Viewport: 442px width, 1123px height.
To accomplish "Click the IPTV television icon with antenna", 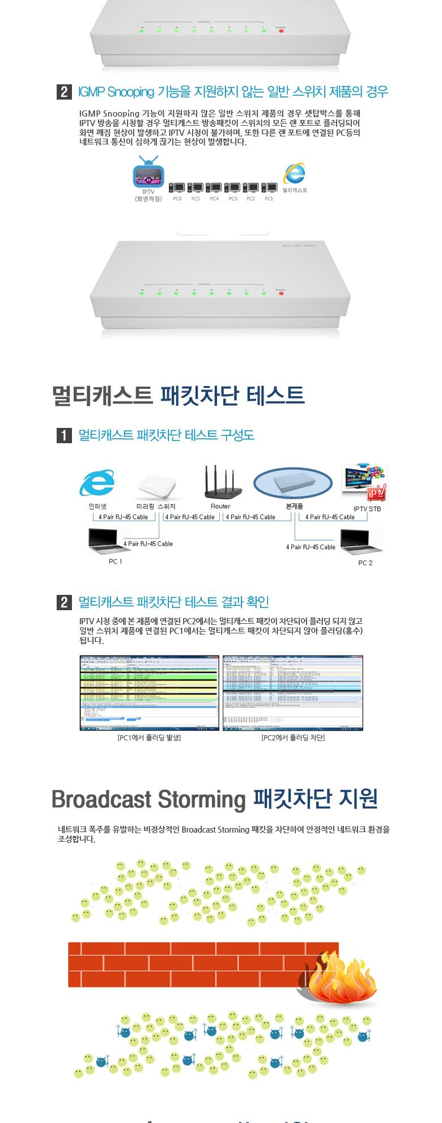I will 148,174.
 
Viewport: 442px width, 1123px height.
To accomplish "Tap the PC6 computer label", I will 177,199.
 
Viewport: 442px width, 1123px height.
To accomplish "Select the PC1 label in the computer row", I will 269,199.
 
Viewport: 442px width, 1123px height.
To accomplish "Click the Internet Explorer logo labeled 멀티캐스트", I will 295,174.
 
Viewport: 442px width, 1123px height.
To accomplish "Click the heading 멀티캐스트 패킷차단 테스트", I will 178,395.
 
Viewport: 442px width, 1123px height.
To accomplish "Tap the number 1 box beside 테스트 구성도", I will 64,435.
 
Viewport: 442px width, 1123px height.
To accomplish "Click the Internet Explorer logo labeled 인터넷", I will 97,483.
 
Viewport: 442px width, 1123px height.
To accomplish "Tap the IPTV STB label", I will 367,509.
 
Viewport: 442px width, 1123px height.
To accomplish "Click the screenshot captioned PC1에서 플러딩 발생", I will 149,693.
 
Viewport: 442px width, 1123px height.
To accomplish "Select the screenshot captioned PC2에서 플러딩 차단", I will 292,693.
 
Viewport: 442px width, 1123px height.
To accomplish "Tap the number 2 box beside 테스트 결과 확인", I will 64,602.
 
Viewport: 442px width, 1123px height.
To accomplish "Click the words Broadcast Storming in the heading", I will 147,799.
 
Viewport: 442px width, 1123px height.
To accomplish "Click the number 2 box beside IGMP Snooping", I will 64,92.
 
